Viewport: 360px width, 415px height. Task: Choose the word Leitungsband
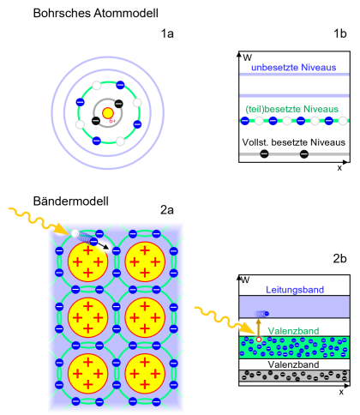click(x=294, y=290)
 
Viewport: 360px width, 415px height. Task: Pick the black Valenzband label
click(x=294, y=364)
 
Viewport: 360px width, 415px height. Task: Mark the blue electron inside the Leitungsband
click(x=266, y=314)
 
